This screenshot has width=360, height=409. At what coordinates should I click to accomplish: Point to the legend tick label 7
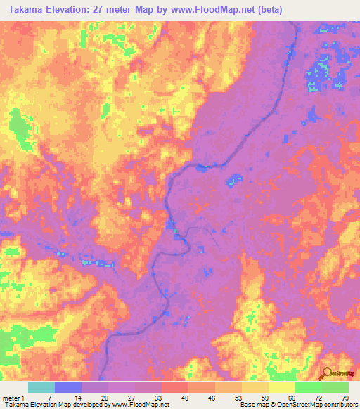tap(48, 398)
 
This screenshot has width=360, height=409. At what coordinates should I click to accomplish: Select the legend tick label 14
tap(75, 398)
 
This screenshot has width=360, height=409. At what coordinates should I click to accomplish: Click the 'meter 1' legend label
tap(13, 398)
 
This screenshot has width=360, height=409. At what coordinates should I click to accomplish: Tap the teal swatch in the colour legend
tap(41, 387)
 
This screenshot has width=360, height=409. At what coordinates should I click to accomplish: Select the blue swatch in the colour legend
tap(68, 387)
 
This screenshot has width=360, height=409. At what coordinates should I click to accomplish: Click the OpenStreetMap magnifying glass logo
tap(326, 374)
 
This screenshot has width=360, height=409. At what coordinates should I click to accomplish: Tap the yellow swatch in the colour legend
tap(282, 387)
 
